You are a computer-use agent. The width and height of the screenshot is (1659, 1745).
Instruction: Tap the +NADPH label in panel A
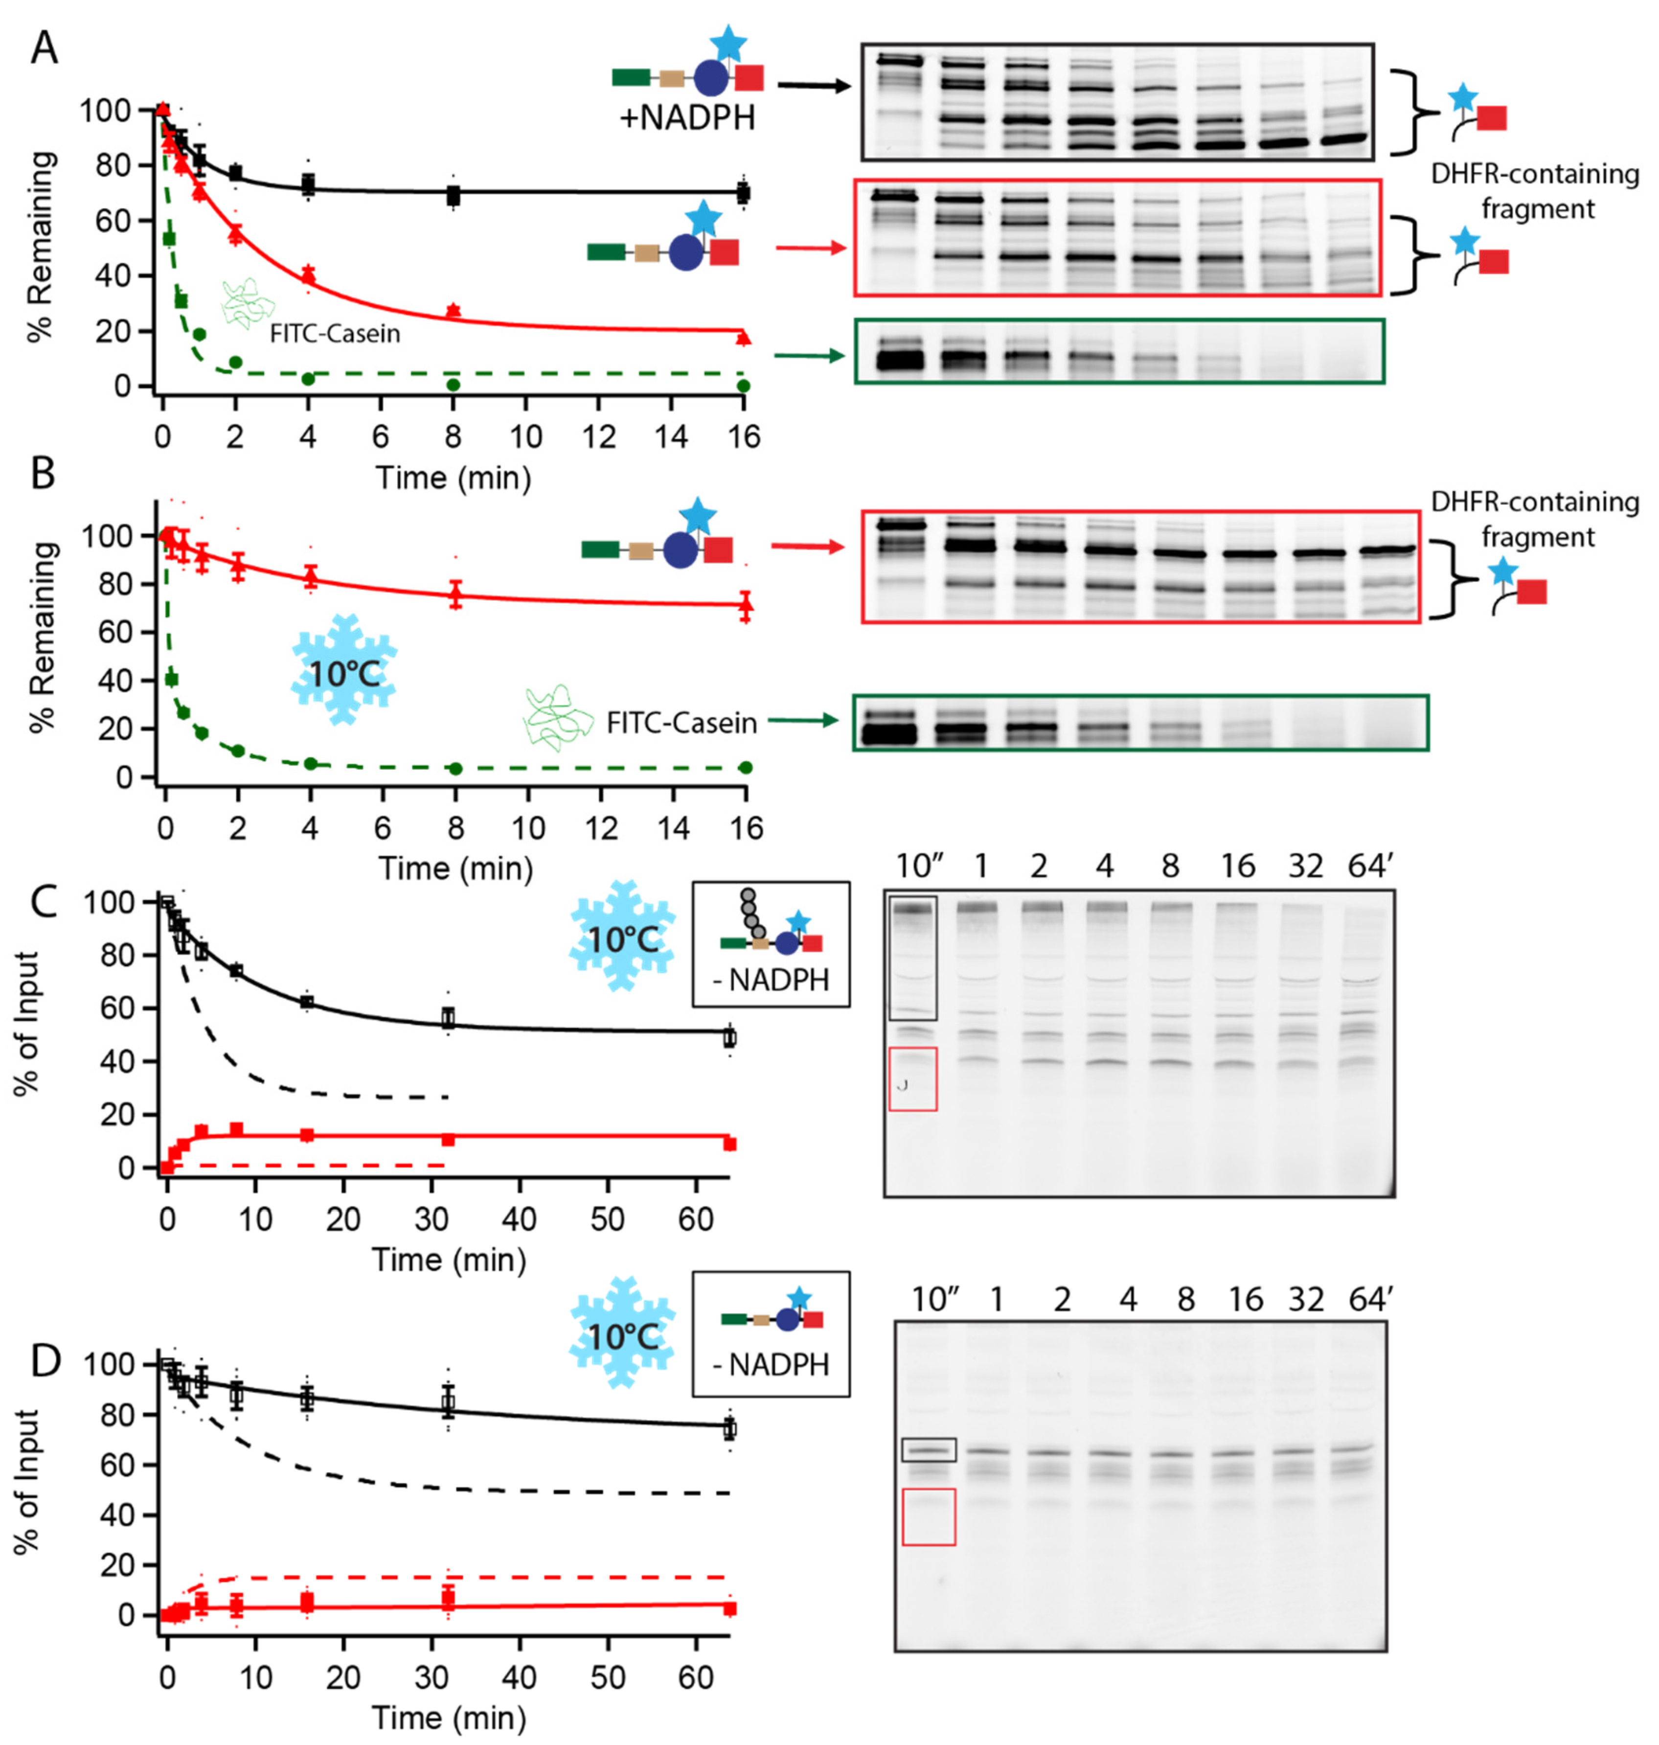pos(687,117)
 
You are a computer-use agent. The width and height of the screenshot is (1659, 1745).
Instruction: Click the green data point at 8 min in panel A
pos(453,385)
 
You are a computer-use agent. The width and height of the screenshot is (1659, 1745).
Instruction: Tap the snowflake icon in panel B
pos(344,670)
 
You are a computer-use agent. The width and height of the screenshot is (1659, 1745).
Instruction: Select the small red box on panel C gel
pos(912,1078)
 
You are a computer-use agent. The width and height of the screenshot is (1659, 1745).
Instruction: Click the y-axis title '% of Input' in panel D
pos(28,1481)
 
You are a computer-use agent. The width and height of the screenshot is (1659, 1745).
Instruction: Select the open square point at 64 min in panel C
pos(728,1037)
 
